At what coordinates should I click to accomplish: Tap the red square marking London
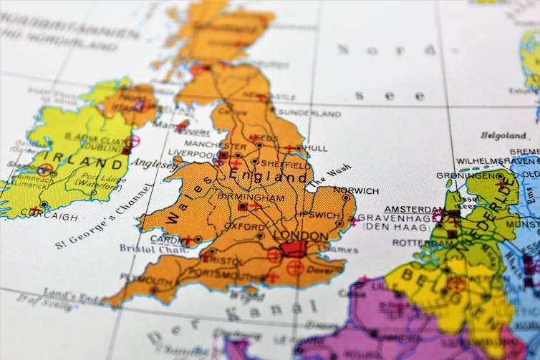click(x=292, y=249)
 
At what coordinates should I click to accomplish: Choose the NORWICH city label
click(x=356, y=191)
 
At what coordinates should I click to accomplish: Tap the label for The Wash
click(x=329, y=177)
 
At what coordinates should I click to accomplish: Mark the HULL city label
click(x=316, y=148)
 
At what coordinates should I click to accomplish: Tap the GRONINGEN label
click(x=466, y=175)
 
